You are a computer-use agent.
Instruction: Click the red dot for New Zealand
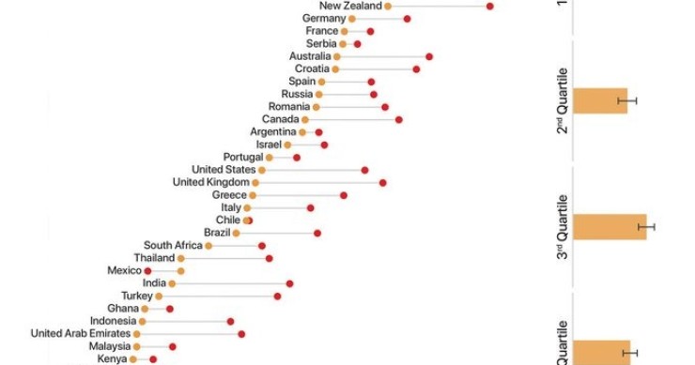pos(489,6)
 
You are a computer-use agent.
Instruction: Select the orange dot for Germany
pos(352,19)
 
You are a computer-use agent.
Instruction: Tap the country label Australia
pos(309,56)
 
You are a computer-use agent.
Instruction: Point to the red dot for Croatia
pos(416,68)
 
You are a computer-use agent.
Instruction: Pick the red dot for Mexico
pos(147,270)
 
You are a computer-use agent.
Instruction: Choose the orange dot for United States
pos(262,170)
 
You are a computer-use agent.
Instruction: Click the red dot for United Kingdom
pos(382,182)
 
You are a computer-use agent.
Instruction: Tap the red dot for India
pos(289,282)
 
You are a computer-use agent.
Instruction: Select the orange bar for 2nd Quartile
pos(599,100)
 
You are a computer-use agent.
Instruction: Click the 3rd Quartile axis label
pos(563,227)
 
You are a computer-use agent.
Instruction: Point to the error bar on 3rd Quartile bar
pos(646,227)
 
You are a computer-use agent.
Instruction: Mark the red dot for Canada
pos(398,119)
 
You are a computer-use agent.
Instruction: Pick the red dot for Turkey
pos(277,296)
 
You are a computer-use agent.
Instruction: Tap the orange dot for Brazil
pos(237,233)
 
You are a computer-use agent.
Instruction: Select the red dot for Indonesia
pos(230,321)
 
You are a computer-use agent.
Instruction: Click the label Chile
pos(228,220)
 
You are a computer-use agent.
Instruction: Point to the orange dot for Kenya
pos(134,358)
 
